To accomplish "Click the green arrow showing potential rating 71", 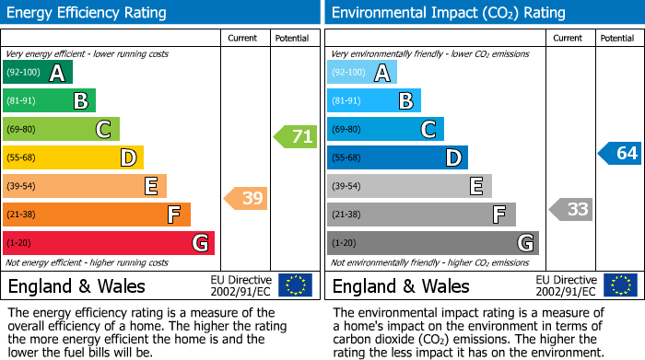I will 296,137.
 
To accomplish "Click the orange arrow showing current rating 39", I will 246,198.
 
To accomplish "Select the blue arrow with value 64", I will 620,153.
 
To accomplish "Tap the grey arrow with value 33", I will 570,210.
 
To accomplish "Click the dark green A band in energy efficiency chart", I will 38,73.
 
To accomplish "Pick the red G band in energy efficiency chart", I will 109,243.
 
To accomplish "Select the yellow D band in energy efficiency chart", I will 73,157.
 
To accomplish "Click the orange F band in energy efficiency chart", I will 97,215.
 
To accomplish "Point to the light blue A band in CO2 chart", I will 362,73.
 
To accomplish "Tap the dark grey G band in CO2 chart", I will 432,243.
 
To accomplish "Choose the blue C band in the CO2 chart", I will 385,129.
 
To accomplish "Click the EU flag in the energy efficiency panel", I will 295,285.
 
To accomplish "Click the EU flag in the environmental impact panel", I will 620,285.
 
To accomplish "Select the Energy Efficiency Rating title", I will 88,13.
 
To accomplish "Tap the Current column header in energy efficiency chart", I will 244,38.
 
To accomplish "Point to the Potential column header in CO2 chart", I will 617,38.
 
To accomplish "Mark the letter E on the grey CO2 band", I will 475,186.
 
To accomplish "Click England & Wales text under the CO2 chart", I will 401,285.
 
